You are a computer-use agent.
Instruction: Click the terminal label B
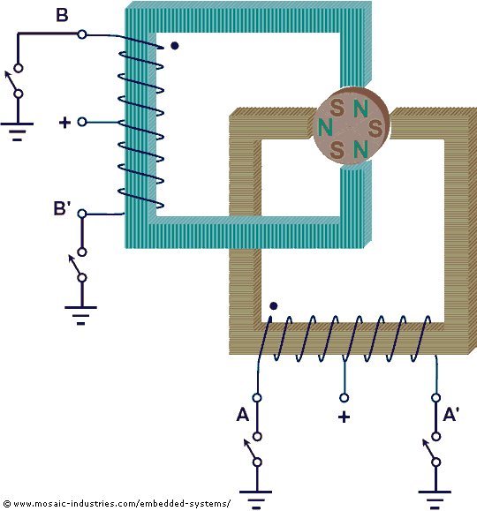[x=62, y=15]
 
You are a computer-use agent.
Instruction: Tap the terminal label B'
[x=62, y=208]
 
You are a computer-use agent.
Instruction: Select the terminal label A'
[x=450, y=415]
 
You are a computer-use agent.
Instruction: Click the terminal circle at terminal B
[x=82, y=34]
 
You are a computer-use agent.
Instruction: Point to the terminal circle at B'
[x=82, y=214]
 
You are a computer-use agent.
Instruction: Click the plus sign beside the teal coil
[x=64, y=122]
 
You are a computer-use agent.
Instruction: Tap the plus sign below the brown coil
[x=344, y=417]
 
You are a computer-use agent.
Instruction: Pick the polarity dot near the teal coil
[x=175, y=46]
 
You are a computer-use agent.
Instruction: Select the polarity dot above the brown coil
[x=274, y=306]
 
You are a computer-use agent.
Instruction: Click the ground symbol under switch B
[x=18, y=132]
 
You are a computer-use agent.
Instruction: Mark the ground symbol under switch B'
[x=81, y=315]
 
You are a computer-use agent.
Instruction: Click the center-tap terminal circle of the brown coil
[x=344, y=397]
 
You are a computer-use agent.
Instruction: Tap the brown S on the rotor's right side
[x=375, y=128]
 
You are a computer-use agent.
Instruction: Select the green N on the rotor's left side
[x=325, y=127]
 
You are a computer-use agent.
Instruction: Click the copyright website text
[x=117, y=504]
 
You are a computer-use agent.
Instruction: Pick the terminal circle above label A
[x=257, y=397]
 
